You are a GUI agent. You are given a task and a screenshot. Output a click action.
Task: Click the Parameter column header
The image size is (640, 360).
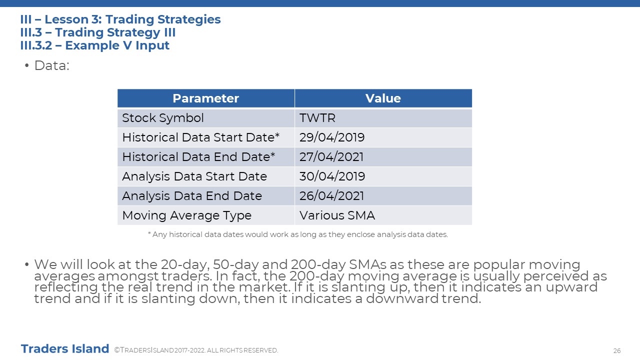(205, 98)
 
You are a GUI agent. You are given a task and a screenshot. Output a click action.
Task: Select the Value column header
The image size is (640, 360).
(383, 98)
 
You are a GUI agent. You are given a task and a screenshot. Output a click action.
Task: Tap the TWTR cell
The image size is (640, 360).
(317, 118)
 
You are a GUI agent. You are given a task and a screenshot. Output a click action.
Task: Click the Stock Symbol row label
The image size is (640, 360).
(163, 118)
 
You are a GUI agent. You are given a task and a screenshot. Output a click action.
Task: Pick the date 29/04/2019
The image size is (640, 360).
(332, 137)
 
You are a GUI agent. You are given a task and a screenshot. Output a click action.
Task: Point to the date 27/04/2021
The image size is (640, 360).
(331, 157)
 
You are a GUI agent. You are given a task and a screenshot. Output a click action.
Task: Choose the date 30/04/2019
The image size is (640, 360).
(332, 176)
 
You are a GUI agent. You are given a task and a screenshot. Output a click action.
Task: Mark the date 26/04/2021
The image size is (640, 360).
(331, 196)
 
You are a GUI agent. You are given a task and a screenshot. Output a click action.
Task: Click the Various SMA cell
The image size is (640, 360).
(337, 215)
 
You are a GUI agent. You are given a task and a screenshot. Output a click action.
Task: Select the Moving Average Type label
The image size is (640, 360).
(187, 215)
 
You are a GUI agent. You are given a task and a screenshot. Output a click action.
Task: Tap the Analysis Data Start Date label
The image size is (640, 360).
(194, 176)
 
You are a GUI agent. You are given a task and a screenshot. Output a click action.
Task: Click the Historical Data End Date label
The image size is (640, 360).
(198, 157)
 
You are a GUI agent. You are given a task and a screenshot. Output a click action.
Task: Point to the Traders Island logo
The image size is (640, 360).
(65, 349)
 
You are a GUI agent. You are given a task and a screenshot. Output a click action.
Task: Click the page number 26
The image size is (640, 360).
(617, 350)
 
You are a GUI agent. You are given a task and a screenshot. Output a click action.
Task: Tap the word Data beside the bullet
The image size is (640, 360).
(51, 65)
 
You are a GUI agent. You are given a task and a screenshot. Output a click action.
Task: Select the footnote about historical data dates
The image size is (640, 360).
(297, 234)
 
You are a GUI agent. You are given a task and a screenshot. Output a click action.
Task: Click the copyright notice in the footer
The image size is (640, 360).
(196, 350)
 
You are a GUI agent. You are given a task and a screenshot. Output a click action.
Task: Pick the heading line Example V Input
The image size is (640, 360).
(94, 45)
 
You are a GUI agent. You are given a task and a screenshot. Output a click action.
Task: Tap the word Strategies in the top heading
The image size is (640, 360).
(189, 19)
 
